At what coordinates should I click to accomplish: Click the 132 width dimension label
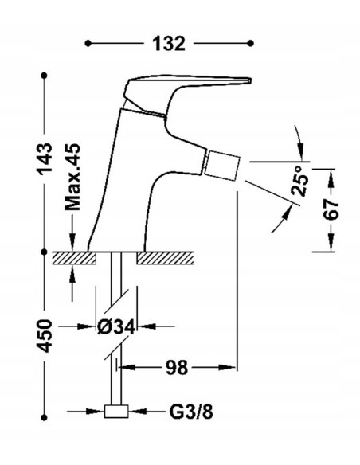click(168, 44)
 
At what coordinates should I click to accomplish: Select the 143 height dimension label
click(44, 158)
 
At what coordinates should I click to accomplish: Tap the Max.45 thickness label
click(72, 177)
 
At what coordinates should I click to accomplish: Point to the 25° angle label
click(299, 182)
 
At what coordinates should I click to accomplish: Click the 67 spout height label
click(331, 209)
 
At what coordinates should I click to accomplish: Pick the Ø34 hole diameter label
click(116, 326)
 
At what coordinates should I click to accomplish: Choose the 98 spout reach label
click(177, 368)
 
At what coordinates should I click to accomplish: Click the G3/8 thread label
click(191, 412)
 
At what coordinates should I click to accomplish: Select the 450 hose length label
click(44, 336)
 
